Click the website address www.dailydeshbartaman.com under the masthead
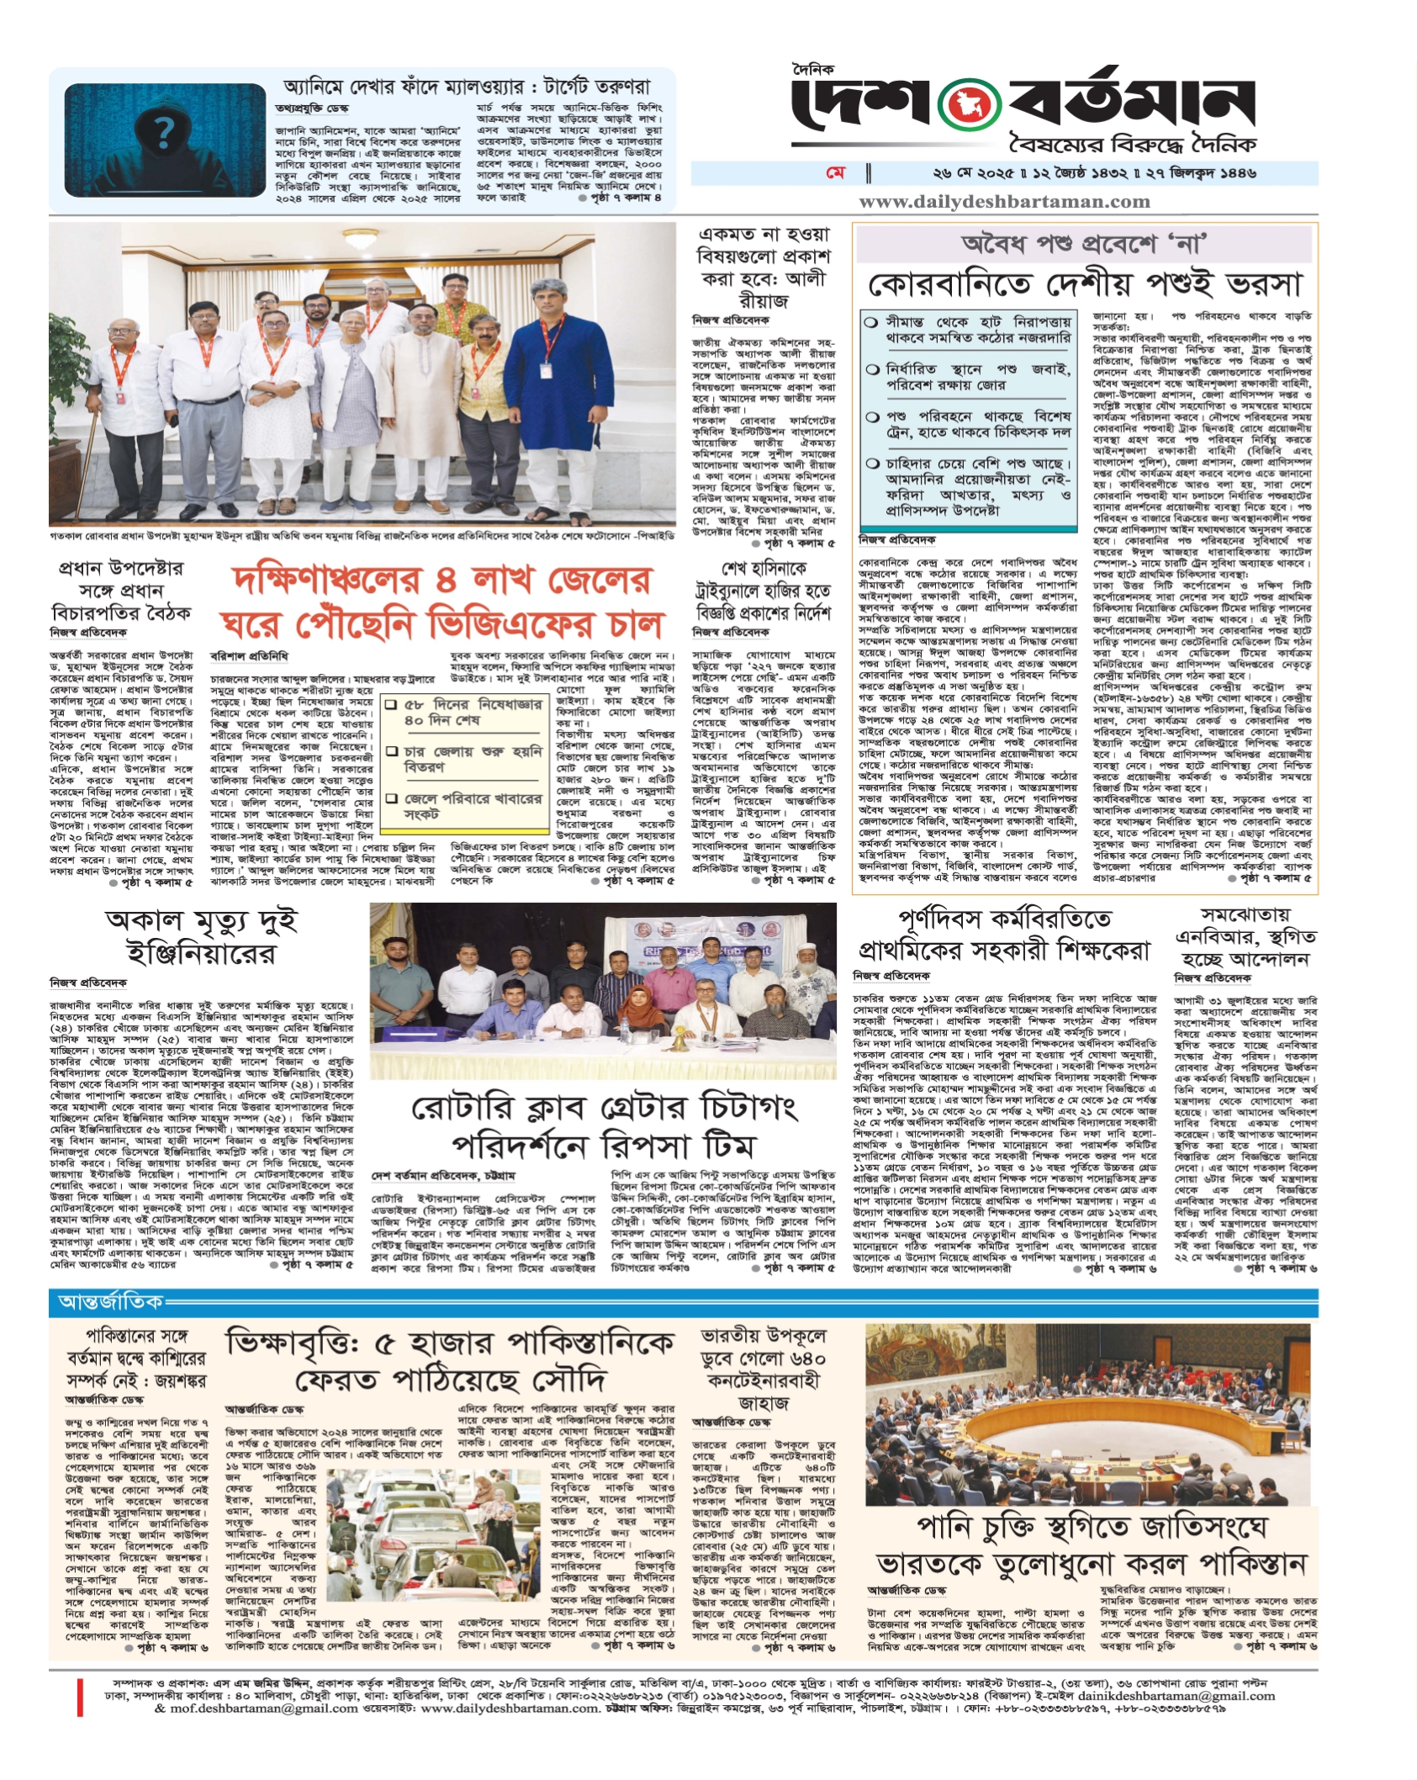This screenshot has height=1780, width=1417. point(1004,201)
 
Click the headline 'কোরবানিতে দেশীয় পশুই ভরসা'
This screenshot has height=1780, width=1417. point(1085,283)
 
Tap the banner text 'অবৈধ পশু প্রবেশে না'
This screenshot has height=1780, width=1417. point(1084,245)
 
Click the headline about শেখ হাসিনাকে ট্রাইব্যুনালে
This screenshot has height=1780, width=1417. point(762,591)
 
